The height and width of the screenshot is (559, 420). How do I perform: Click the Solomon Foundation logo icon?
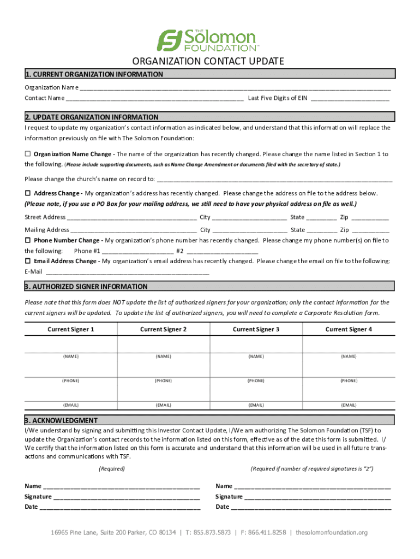pyautogui.click(x=170, y=40)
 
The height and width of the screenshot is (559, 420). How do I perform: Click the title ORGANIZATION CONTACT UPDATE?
pyautogui.click(x=209, y=61)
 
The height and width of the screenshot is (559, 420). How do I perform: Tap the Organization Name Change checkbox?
pyautogui.click(x=28, y=154)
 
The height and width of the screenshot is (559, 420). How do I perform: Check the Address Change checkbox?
pyautogui.click(x=28, y=193)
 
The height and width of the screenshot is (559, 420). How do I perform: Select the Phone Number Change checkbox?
pyautogui.click(x=28, y=240)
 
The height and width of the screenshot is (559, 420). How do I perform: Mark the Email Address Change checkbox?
pyautogui.click(x=28, y=261)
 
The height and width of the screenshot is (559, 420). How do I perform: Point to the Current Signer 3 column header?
pyautogui.click(x=256, y=329)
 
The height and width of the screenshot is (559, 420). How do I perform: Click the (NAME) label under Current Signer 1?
pyautogui.click(x=70, y=356)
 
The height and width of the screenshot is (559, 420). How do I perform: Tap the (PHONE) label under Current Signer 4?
pyautogui.click(x=349, y=380)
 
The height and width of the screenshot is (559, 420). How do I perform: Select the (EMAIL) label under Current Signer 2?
pyautogui.click(x=163, y=405)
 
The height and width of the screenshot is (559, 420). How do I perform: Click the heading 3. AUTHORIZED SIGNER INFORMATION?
pyautogui.click(x=86, y=287)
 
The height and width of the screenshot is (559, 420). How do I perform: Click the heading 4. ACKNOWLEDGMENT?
pyautogui.click(x=61, y=420)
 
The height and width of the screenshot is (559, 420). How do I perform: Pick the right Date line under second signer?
pyautogui.click(x=311, y=507)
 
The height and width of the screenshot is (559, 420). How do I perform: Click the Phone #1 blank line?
pyautogui.click(x=137, y=252)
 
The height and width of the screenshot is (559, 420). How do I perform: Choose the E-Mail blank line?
pyautogui.click(x=127, y=272)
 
